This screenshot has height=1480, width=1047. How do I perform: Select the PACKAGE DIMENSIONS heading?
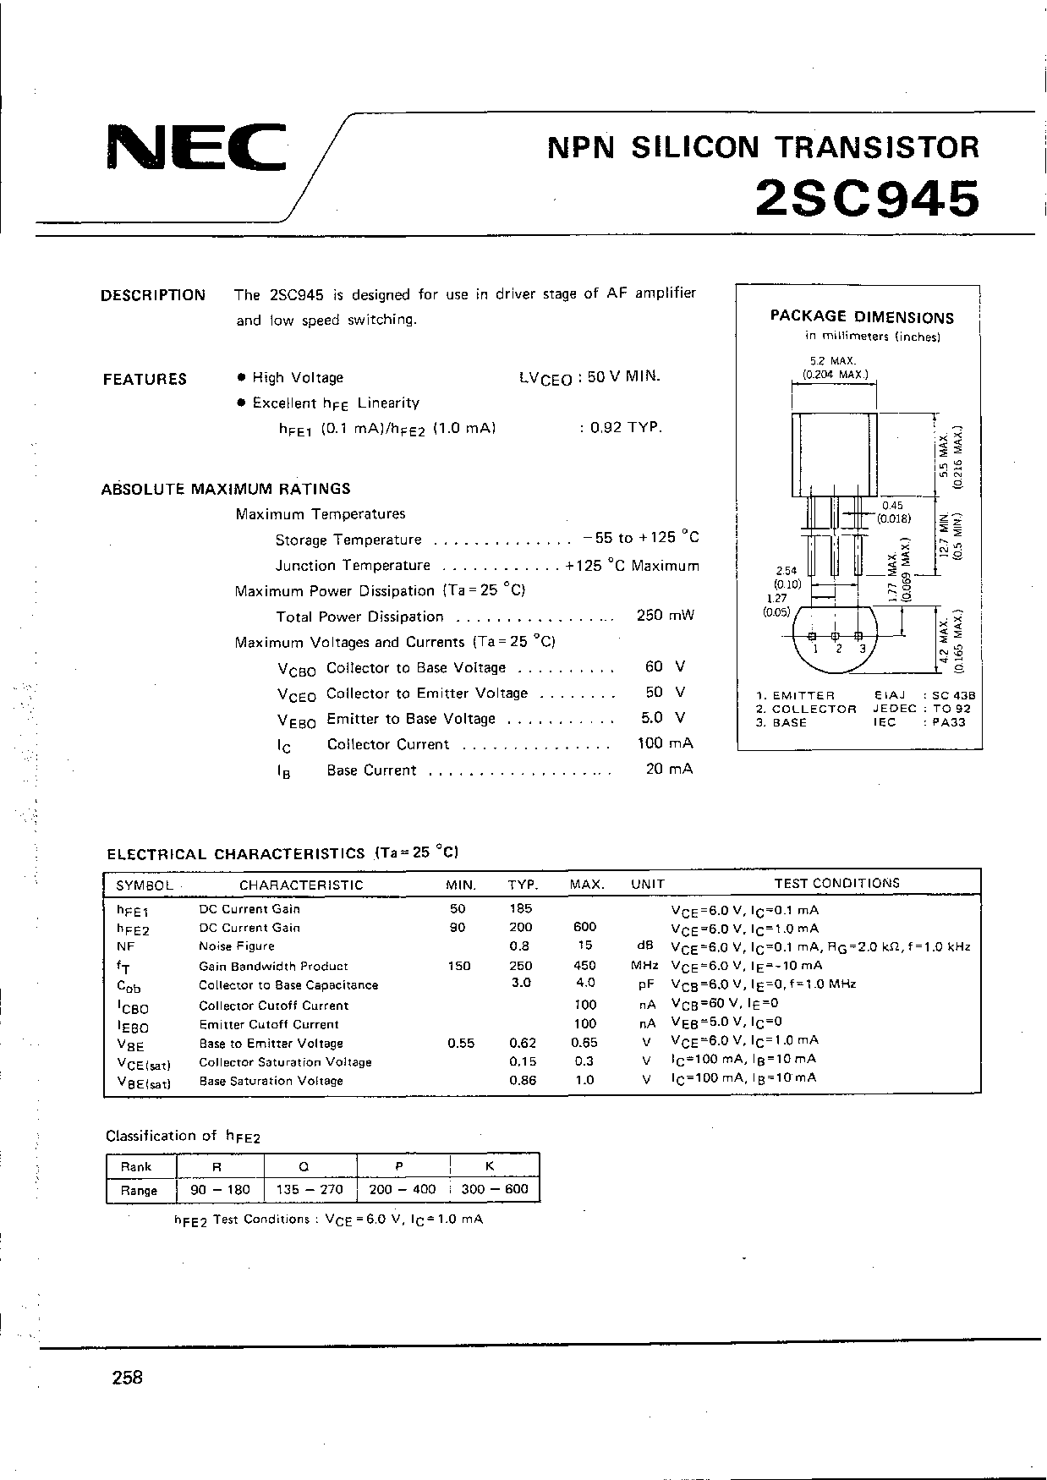point(862,317)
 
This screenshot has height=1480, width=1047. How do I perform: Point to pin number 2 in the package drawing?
point(837,649)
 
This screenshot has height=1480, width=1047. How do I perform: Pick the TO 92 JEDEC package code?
point(952,709)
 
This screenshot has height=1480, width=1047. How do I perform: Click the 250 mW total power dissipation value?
point(665,616)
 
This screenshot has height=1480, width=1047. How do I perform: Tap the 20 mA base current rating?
point(668,769)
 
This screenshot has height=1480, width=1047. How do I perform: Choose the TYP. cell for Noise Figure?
point(520,946)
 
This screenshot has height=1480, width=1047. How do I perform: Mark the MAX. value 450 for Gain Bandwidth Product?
point(584,965)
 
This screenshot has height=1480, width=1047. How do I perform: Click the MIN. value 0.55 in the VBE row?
point(461,1043)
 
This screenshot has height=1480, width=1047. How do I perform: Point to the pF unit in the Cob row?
point(647,984)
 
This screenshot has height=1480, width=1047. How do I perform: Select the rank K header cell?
point(490,1166)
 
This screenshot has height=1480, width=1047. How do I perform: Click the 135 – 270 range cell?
point(310,1189)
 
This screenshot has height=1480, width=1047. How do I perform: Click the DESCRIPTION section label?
point(153,295)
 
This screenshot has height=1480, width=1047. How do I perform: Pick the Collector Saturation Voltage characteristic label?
point(285,1062)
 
